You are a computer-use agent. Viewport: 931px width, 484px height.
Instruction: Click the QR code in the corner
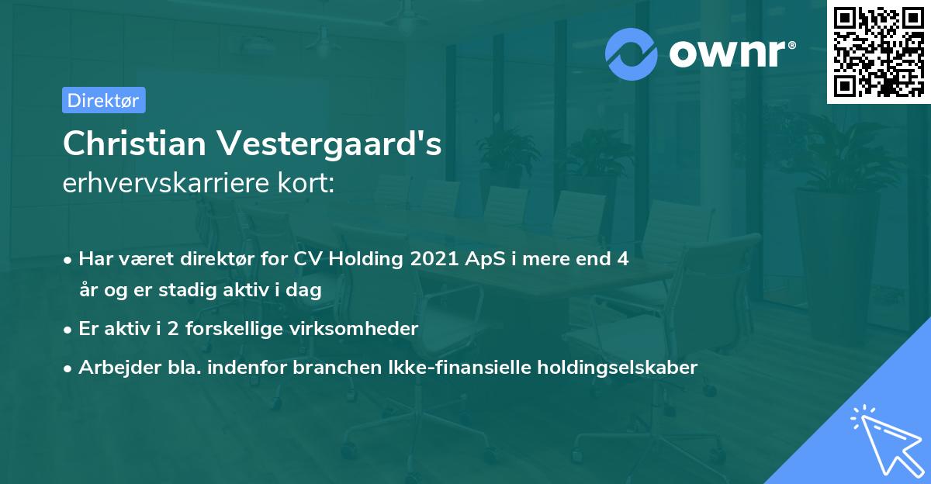click(878, 52)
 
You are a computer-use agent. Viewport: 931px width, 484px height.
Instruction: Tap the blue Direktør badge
click(103, 100)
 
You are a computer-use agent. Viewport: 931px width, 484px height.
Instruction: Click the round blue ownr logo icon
click(632, 54)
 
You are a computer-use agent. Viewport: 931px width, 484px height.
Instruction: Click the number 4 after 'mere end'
click(622, 259)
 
